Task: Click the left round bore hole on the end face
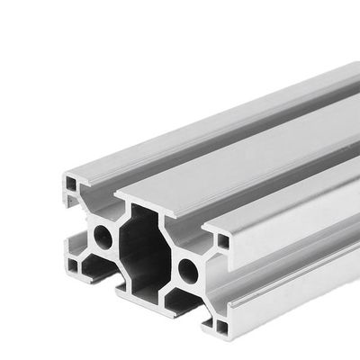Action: coord(104,238)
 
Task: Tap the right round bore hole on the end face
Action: coord(188,268)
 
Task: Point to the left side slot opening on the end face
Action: coord(72,225)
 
